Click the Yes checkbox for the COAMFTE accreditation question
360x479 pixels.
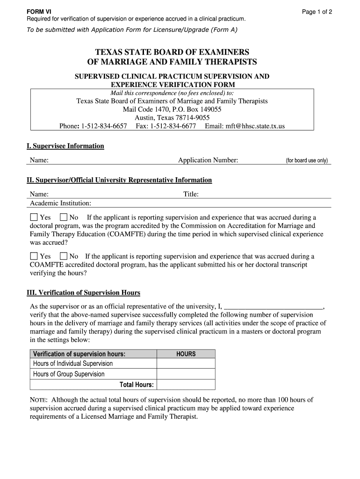click(34, 218)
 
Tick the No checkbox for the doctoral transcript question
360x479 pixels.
click(64, 256)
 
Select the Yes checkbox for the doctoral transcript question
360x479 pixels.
click(34, 256)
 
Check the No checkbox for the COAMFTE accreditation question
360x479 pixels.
click(64, 218)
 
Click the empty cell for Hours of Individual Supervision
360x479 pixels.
click(186, 363)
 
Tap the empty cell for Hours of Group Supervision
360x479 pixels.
click(186, 374)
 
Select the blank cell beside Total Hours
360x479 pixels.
click(186, 385)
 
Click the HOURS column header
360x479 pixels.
click(186, 354)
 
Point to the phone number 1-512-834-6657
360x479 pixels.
click(104, 126)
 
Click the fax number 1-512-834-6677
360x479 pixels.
click(173, 126)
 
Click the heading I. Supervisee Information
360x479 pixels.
click(65, 146)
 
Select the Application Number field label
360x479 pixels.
click(208, 160)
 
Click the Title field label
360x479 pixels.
click(191, 194)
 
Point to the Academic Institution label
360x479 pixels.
click(61, 203)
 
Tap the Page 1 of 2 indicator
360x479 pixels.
click(317, 12)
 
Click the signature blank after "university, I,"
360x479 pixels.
click(274, 307)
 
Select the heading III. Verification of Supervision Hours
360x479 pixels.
click(83, 293)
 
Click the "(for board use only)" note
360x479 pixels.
click(307, 161)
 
